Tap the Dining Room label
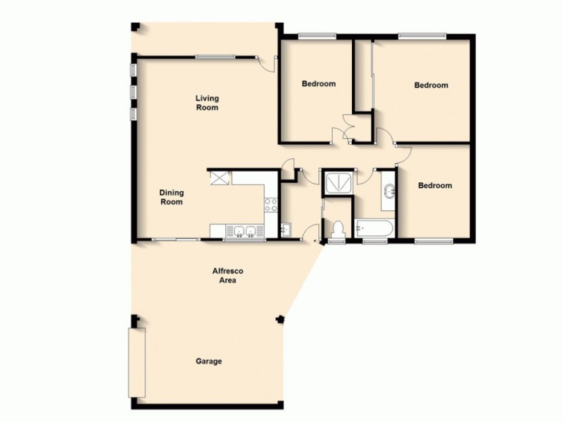[x=171, y=197]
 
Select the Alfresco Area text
[x=226, y=275]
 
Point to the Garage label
[x=208, y=362]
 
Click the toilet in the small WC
[x=337, y=229]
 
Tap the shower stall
[x=338, y=181]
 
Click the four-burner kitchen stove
[x=271, y=205]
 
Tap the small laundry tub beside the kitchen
[x=286, y=229]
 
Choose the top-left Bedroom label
[x=319, y=84]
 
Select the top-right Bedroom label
[x=431, y=85]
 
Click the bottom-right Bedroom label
[x=435, y=186]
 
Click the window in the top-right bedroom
[x=422, y=34]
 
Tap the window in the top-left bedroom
[x=316, y=35]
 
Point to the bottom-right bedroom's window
[x=433, y=241]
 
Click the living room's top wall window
[x=215, y=56]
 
